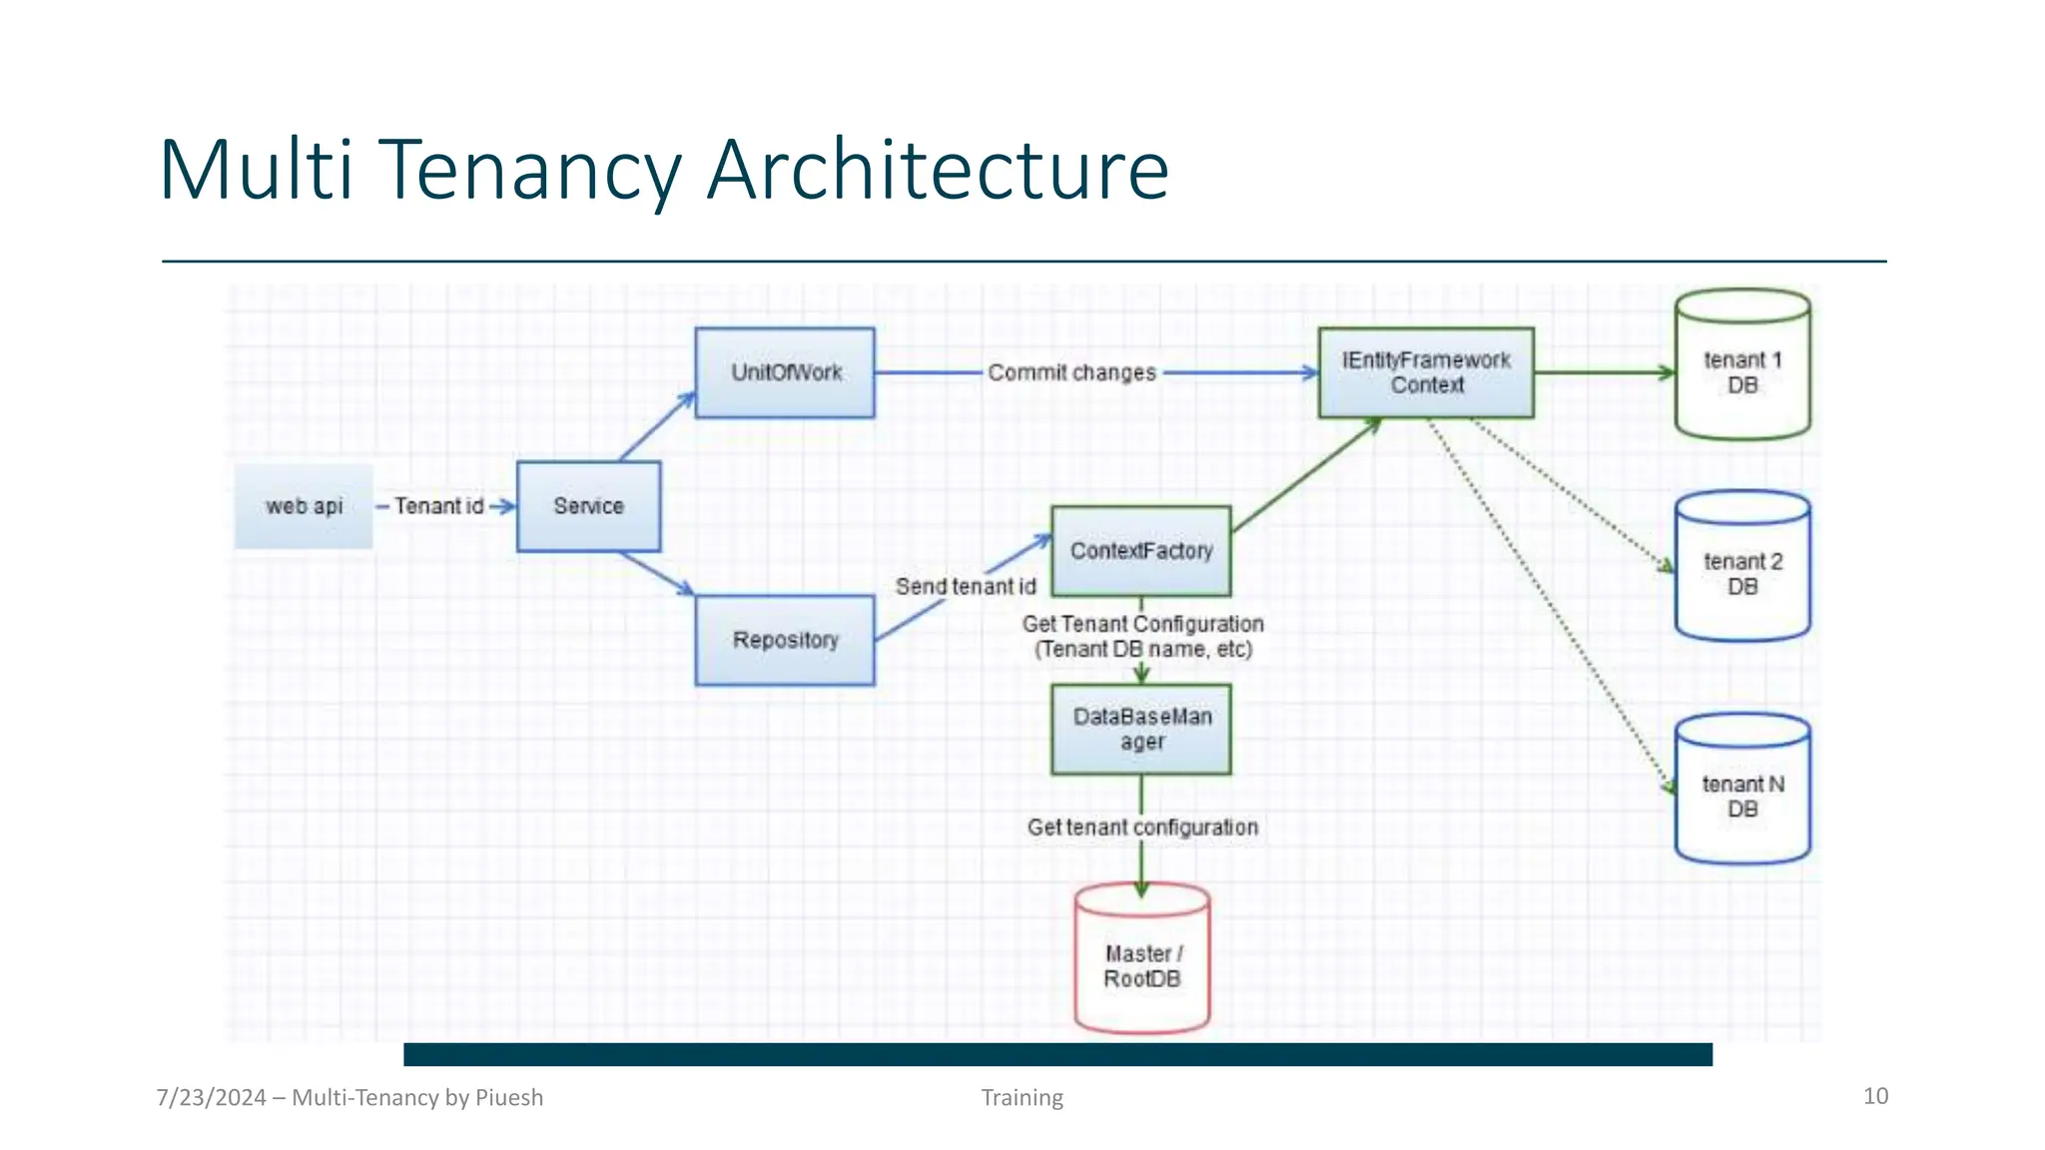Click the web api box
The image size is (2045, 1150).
coord(304,506)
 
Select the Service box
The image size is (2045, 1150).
coord(588,506)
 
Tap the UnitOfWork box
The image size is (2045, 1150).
coord(785,372)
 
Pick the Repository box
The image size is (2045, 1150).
coord(785,640)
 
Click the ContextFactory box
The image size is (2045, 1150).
coord(1141,551)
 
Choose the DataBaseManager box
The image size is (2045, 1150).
coord(1141,729)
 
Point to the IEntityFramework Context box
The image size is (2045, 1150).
coord(1426,372)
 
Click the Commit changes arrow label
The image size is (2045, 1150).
coord(1071,372)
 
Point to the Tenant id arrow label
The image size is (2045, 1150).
coord(438,506)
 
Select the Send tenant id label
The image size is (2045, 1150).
coord(966,586)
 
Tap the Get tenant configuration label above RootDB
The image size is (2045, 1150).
coord(1142,828)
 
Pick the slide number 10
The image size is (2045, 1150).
coord(1875,1096)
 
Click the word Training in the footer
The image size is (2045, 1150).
coord(1022,1097)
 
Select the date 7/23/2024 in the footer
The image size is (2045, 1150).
coord(212,1097)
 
